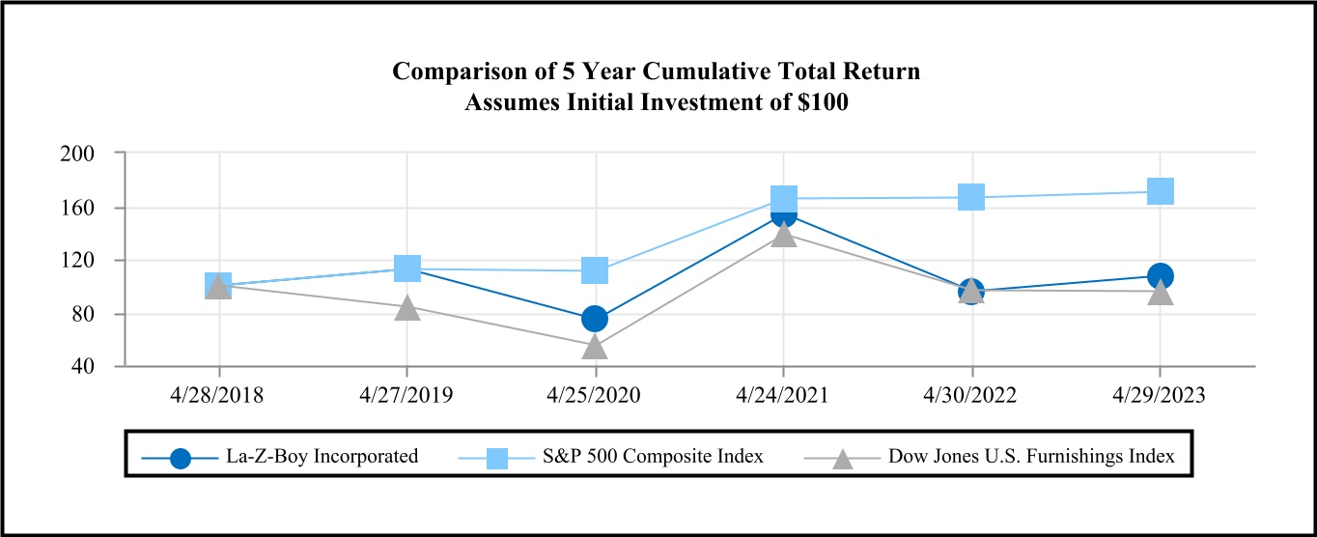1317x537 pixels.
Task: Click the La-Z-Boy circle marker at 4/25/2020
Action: (595, 319)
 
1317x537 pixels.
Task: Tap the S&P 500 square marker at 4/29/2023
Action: (1160, 190)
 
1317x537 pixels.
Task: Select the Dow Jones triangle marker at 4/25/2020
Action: (595, 346)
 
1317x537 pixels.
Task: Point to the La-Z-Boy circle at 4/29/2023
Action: (1160, 275)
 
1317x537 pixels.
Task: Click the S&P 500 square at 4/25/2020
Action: (595, 270)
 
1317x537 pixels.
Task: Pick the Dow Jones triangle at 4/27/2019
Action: (407, 308)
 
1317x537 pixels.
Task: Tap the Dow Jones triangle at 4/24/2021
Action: (783, 234)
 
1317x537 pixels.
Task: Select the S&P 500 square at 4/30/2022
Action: (971, 197)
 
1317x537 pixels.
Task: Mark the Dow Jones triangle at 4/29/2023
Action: (1160, 292)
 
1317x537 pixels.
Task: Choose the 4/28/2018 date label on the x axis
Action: (219, 395)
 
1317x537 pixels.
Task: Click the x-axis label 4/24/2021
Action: (783, 395)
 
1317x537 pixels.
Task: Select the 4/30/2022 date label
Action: (971, 395)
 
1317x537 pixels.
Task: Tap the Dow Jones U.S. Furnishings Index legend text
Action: (1031, 457)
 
